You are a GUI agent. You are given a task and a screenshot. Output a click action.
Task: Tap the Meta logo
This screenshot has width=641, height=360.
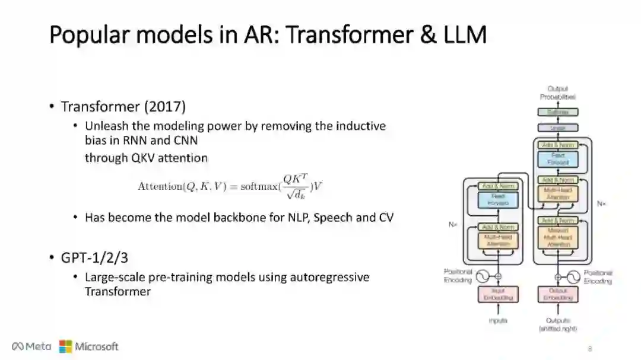(31, 346)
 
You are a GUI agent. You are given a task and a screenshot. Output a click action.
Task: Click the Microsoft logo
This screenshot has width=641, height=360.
(89, 346)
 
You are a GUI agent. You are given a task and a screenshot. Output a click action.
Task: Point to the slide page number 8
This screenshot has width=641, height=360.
(590, 348)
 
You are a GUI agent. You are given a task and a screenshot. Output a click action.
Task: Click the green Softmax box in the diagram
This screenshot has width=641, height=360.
(557, 111)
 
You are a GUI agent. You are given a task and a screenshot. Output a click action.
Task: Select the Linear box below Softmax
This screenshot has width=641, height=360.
(557, 128)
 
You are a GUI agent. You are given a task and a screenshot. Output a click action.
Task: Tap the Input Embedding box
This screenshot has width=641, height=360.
(498, 294)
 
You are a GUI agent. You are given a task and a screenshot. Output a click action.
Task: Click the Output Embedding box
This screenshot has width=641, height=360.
(557, 294)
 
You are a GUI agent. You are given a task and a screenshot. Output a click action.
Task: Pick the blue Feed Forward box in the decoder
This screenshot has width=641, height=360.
(557, 159)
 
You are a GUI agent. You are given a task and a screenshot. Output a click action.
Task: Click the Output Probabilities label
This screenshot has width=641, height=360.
(557, 93)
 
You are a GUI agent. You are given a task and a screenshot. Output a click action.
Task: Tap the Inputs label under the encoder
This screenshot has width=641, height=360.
(498, 321)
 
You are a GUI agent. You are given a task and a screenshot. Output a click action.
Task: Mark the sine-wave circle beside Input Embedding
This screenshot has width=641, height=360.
(481, 276)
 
